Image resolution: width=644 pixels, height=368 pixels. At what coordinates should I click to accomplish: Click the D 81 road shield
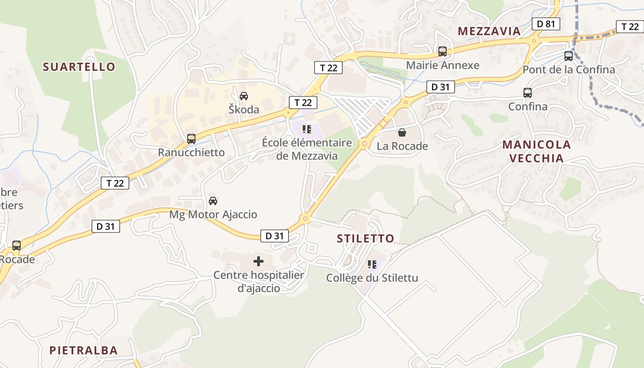(546, 24)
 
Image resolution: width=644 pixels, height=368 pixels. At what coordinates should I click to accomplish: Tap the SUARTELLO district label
(79, 67)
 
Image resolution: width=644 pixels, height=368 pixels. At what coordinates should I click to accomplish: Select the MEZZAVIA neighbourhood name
(489, 31)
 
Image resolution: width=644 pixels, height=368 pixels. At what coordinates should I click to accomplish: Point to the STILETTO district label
(366, 238)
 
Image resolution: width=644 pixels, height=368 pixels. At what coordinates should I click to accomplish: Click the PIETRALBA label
(83, 350)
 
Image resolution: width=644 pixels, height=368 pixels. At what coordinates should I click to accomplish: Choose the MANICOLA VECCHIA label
(536, 151)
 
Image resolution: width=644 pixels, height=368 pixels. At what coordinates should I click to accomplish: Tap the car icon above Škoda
(244, 96)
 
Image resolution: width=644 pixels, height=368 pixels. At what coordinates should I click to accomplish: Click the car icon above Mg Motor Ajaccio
(213, 201)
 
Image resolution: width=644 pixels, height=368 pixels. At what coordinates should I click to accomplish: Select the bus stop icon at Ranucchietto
(191, 138)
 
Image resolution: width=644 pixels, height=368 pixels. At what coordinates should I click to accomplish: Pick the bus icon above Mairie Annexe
(442, 52)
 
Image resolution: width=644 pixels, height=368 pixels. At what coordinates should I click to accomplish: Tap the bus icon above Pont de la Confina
(569, 56)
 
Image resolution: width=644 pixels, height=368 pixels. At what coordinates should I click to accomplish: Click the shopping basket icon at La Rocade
(402, 133)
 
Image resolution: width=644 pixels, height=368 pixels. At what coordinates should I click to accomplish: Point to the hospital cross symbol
(259, 262)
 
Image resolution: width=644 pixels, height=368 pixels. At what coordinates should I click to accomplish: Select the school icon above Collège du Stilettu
(372, 264)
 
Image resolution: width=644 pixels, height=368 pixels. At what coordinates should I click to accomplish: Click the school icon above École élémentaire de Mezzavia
(307, 129)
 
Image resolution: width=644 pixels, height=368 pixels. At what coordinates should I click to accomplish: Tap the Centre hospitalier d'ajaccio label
(259, 282)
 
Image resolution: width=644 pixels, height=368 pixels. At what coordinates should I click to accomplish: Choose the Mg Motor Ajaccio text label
(213, 214)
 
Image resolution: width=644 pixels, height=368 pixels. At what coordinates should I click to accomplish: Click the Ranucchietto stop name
(191, 152)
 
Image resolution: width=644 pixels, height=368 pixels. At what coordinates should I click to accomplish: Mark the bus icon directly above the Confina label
(528, 93)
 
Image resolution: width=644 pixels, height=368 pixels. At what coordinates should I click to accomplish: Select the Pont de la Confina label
(569, 70)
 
